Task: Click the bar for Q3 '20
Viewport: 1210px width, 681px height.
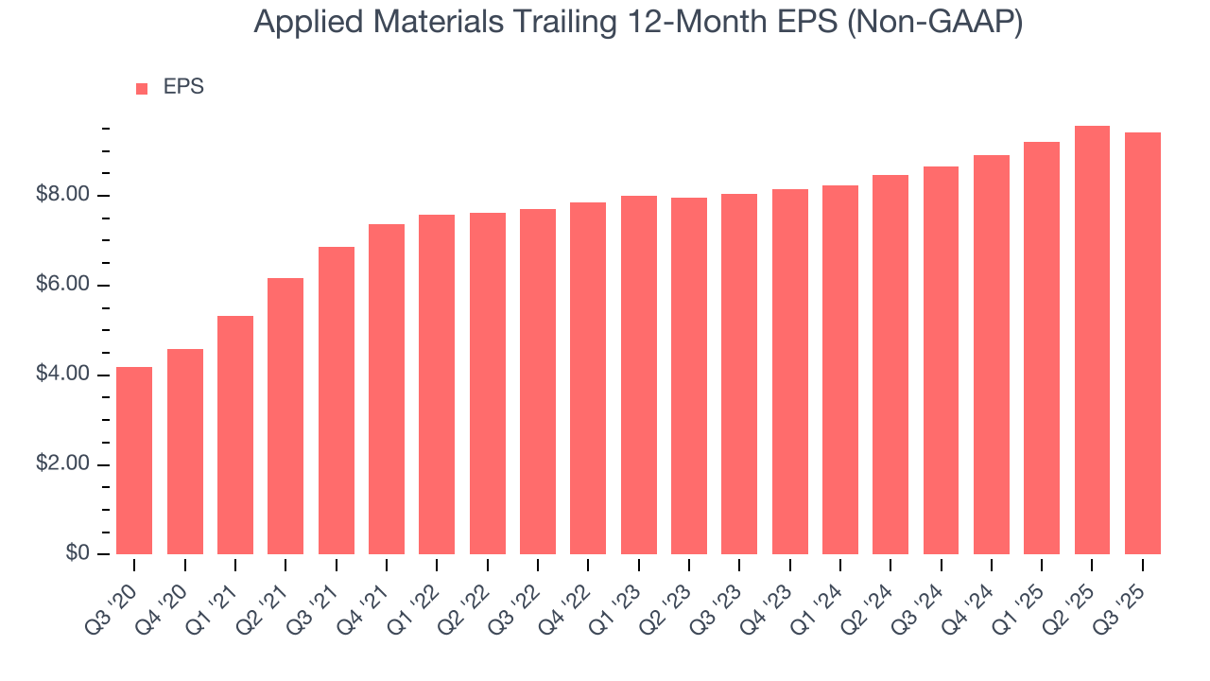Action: (x=134, y=461)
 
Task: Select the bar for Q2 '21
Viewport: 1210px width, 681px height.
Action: (x=285, y=416)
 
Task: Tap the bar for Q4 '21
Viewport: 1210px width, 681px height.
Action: (x=387, y=389)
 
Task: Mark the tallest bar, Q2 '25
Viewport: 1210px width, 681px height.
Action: (x=1092, y=340)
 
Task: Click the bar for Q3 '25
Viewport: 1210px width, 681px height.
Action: (x=1143, y=343)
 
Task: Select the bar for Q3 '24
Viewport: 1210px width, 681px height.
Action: (x=941, y=360)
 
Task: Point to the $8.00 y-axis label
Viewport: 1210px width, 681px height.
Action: (x=65, y=196)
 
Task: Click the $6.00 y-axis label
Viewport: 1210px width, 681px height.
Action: (x=65, y=286)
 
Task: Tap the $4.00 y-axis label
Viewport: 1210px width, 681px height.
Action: (x=65, y=375)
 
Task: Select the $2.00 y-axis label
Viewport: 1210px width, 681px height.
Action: (x=65, y=464)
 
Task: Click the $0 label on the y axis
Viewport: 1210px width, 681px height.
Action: (x=78, y=554)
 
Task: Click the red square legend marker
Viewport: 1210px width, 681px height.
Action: (x=142, y=89)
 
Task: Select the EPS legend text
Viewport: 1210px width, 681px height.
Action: (x=183, y=87)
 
